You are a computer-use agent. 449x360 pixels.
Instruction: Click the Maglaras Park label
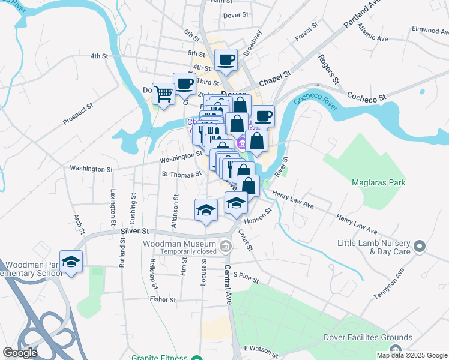379,182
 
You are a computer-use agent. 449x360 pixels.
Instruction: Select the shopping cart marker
163,94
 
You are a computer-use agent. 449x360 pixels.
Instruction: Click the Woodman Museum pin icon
226,245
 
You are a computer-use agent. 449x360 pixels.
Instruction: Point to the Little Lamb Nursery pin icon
420,247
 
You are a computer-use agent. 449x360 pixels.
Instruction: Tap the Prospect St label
79,114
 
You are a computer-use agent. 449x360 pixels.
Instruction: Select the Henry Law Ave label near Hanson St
293,200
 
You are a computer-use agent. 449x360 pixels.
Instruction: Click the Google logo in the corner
19,352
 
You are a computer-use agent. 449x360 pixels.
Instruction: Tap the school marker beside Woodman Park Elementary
71,262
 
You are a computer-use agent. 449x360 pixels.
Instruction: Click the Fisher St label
163,299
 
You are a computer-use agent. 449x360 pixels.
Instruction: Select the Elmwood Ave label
429,29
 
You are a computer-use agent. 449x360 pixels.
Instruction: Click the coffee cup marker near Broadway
226,60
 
